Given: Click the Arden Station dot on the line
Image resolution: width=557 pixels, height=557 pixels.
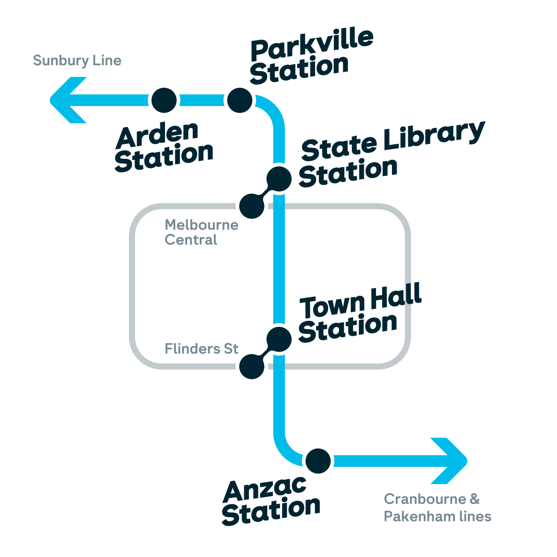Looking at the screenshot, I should coord(164,100).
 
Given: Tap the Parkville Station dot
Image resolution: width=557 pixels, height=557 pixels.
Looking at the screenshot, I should coord(240,100).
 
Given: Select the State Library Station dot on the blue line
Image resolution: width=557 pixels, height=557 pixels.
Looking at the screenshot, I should coord(279,179).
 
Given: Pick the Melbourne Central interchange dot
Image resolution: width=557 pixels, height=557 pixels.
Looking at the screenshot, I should coord(252,206).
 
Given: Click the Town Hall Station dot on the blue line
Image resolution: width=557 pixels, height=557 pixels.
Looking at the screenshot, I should coord(279,339).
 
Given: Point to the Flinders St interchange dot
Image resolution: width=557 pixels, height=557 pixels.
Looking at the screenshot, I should coord(252,366).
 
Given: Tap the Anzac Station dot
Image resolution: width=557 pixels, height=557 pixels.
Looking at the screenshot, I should coord(318,461).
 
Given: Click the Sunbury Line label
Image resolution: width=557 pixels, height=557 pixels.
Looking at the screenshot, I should coord(77,60).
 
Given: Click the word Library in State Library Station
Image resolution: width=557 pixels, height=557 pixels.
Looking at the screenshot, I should coord(434,137).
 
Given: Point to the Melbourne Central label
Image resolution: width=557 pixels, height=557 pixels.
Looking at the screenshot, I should coord(201,232).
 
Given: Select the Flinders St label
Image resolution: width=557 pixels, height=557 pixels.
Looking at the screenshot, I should coord(202,349).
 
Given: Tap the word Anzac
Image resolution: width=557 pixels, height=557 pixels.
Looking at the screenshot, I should coord(265,489).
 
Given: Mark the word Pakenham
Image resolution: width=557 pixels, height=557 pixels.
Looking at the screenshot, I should coord(420,517).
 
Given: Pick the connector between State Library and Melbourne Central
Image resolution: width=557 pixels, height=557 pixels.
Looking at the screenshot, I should coord(265,192).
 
